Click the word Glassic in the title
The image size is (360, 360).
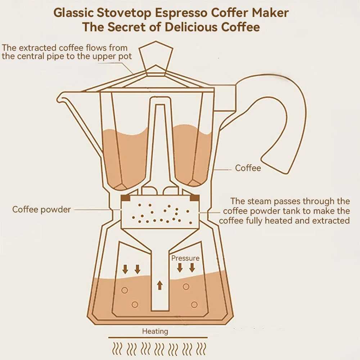click(x=73, y=13)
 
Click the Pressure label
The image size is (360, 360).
click(x=185, y=258)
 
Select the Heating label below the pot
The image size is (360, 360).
click(x=155, y=331)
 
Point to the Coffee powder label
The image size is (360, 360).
click(x=41, y=210)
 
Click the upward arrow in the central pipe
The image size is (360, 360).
click(x=160, y=285)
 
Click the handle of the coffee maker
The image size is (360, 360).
click(x=284, y=119)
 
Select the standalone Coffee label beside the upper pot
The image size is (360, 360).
click(x=248, y=168)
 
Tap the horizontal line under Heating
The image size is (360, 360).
click(x=158, y=338)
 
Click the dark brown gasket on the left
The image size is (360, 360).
click(x=126, y=198)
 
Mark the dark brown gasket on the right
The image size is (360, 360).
click(x=194, y=198)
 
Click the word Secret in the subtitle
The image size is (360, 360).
click(x=126, y=27)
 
